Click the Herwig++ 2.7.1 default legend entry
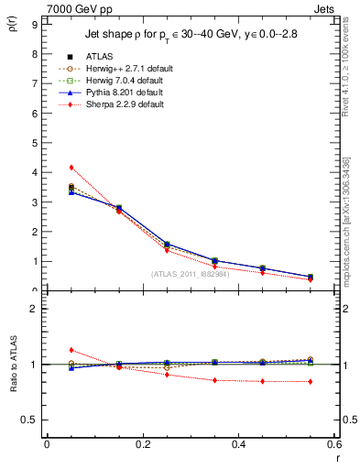[119, 69]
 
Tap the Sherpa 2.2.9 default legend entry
[115, 104]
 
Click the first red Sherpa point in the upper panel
[71, 168]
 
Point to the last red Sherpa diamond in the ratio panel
[311, 381]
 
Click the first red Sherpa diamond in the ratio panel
[71, 350]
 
